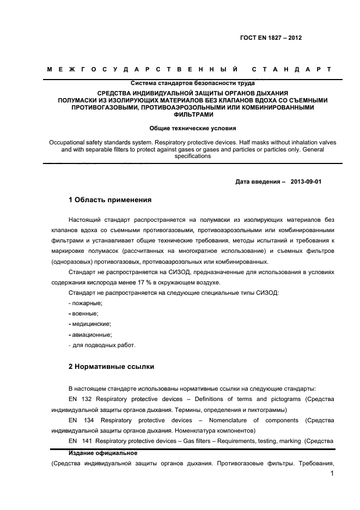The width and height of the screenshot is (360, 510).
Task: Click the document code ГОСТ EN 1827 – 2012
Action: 271,38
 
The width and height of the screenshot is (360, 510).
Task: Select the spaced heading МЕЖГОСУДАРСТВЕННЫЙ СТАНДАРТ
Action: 189,70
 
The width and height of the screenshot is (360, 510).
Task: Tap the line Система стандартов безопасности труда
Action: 193,83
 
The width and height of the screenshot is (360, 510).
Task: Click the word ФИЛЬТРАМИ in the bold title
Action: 193,115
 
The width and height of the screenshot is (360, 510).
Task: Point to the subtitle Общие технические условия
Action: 193,129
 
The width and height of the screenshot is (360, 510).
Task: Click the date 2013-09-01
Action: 306,181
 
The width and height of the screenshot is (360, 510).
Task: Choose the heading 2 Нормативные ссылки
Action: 111,367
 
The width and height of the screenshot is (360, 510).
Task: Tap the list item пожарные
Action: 87,303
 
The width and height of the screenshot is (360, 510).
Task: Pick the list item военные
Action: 85,313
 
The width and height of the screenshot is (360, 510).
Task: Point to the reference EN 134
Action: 81,420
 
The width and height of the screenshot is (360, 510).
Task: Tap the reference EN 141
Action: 80,441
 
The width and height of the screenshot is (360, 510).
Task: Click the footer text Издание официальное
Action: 102,453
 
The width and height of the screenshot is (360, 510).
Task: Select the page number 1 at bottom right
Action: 332,475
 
